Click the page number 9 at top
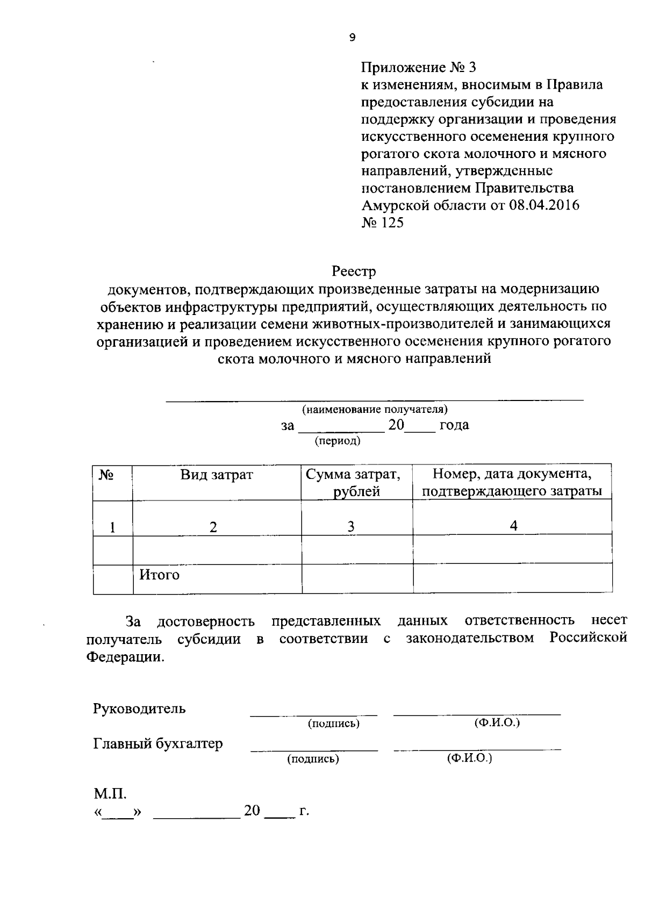tap(352, 38)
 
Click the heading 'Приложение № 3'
tap(418, 68)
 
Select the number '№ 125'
tap(382, 223)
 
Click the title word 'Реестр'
tap(354, 271)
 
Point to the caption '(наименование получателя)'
tap(375, 410)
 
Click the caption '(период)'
tap(337, 441)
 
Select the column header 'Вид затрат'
tap(216, 475)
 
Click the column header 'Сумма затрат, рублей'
tap(353, 483)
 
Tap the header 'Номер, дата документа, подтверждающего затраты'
tap(512, 483)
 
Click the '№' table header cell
tap(106, 475)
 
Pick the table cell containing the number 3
tap(350, 527)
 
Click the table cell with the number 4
tap(513, 526)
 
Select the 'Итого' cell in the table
tap(159, 575)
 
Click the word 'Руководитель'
tap(139, 709)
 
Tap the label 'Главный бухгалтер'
tap(158, 744)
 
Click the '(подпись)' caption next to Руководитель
tap(333, 724)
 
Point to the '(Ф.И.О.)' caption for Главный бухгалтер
tap(469, 758)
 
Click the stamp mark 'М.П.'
tap(110, 794)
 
